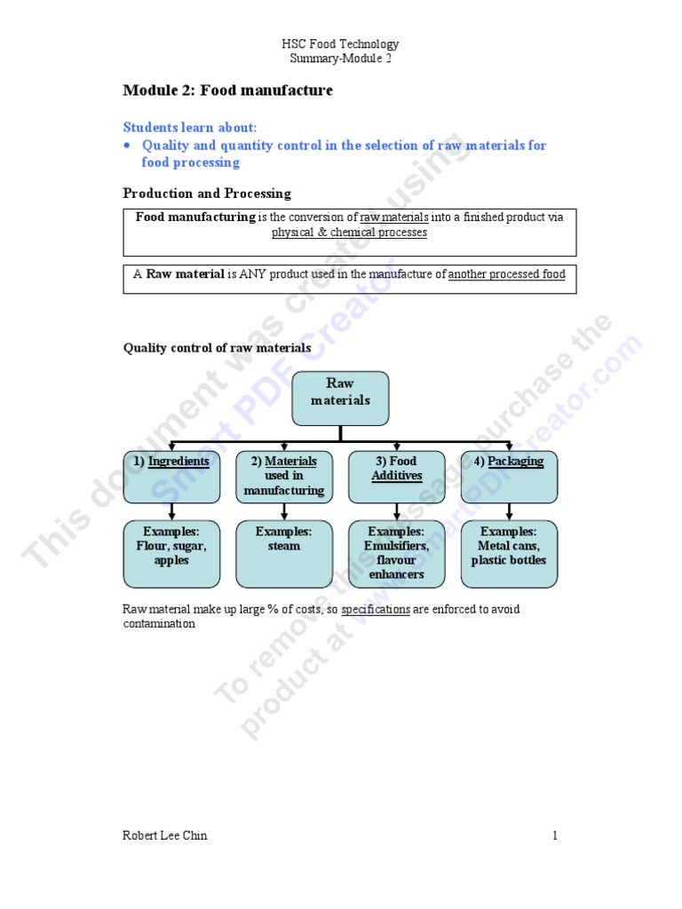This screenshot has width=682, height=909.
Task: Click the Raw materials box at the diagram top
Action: coord(340,398)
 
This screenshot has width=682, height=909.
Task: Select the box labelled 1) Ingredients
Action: coord(171,476)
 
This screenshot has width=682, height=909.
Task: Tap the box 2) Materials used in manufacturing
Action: coord(284,476)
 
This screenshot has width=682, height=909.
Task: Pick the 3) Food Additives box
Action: coord(396,476)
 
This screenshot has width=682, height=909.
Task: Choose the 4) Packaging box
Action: coord(509,476)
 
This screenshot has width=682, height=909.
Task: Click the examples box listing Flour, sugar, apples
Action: coord(171,554)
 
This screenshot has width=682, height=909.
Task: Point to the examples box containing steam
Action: coord(284,554)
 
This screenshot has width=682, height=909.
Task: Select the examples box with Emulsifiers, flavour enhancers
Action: coord(396,554)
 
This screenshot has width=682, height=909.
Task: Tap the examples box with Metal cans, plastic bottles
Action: coord(509,554)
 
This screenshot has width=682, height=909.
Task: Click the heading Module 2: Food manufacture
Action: coord(227,91)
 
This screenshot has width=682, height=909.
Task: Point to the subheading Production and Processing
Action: coord(206,194)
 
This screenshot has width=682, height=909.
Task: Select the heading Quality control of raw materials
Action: coord(217,348)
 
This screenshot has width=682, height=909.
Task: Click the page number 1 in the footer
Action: coord(554,835)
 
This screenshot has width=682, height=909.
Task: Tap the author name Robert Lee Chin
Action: coord(165,835)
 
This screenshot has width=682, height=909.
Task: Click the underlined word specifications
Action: coord(376,610)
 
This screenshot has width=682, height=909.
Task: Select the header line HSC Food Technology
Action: coord(340,44)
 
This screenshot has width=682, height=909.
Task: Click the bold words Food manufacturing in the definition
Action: coord(194,217)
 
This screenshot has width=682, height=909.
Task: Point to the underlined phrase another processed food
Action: coord(506,274)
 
